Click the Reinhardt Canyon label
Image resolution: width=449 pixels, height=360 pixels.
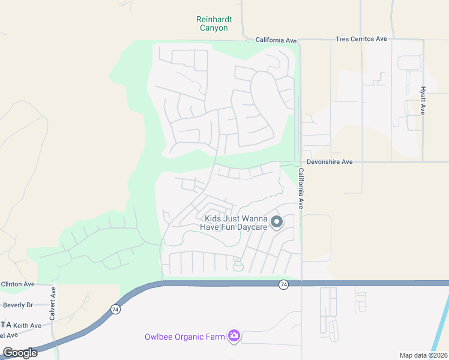coord(212,23)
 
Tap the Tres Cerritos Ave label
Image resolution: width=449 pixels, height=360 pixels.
coord(361,39)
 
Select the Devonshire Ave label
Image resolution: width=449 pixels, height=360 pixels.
coord(329,161)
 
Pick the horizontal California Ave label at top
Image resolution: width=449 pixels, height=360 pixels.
coord(276,40)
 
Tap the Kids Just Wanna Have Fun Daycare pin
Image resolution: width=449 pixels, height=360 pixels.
coord(277,223)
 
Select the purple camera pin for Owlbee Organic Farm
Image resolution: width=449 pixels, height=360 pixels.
coord(235,337)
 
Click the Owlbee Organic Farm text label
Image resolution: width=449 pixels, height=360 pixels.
coord(184,337)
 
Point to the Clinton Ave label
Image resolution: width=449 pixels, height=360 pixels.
coord(18,284)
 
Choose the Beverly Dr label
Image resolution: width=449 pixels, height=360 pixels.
coord(18,305)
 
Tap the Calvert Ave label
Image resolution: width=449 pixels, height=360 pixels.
coord(53,302)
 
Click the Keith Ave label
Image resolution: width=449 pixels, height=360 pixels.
coord(27,325)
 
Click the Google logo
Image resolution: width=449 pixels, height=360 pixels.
coord(20,353)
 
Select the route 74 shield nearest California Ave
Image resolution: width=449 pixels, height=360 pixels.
coord(283,284)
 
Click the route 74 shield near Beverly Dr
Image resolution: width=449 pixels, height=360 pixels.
coord(114,310)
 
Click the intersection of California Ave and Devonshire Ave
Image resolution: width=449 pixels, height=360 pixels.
coord(301,161)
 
